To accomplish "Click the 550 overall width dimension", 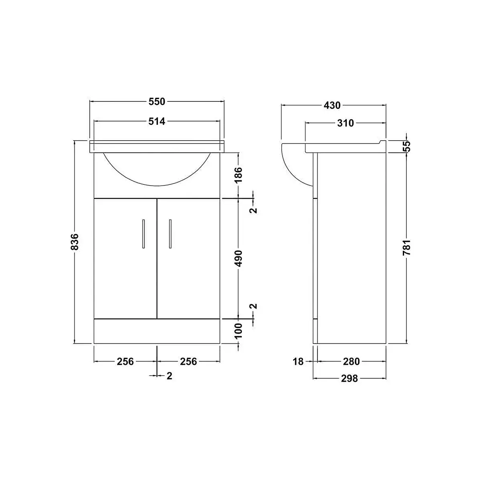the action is click(x=157, y=101).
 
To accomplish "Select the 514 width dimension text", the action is click(x=157, y=121).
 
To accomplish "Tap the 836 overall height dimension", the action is click(x=75, y=242).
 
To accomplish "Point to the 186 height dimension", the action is click(x=238, y=175).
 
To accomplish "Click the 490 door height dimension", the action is click(x=238, y=259).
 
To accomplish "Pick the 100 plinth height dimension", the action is click(x=238, y=331).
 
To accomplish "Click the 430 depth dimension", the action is click(x=332, y=105).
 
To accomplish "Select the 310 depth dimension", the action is click(x=346, y=123).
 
